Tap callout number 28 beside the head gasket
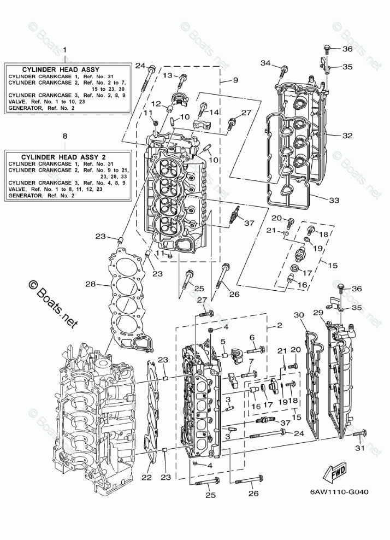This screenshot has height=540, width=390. pyautogui.click(x=91, y=284)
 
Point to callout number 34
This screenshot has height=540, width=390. pyautogui.click(x=265, y=63)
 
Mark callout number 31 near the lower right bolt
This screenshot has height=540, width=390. pyautogui.click(x=359, y=449)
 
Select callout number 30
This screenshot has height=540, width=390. pyautogui.click(x=298, y=315)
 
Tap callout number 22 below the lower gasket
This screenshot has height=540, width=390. pyautogui.click(x=146, y=477)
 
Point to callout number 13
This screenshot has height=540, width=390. pyautogui.click(x=167, y=75)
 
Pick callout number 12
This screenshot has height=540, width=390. pyautogui.click(x=156, y=103)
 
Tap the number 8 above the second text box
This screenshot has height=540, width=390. pyautogui.click(x=65, y=135)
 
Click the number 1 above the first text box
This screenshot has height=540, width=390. pyautogui.click(x=65, y=50)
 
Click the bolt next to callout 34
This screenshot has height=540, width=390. pyautogui.click(x=284, y=71)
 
